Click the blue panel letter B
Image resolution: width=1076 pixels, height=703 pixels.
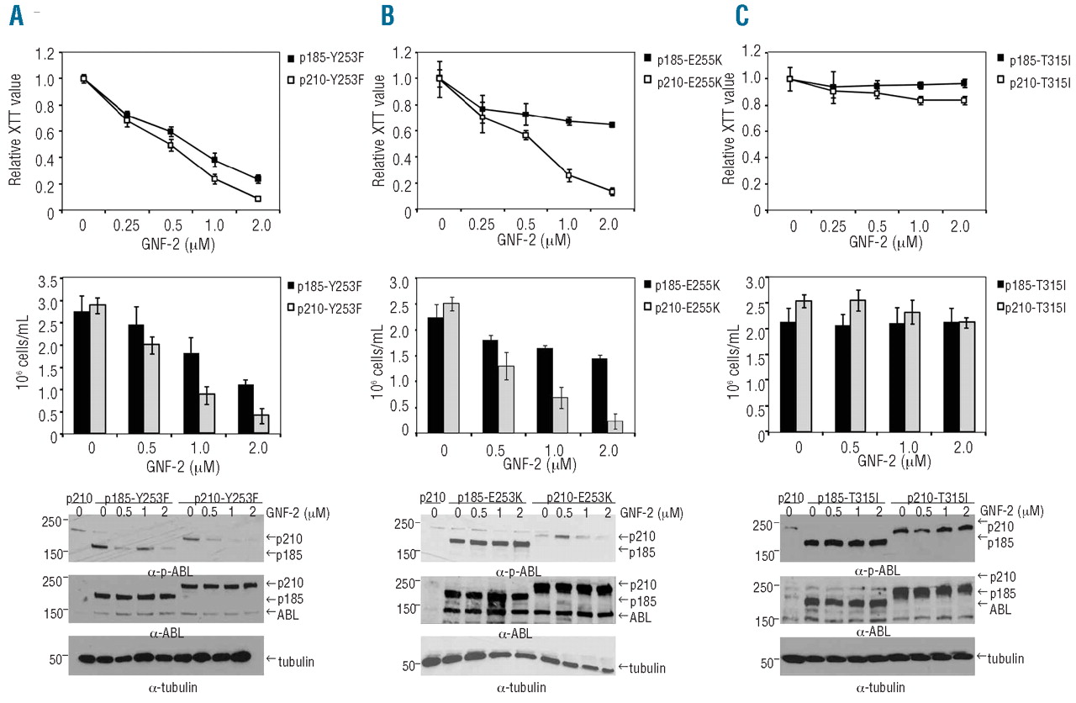point(388,17)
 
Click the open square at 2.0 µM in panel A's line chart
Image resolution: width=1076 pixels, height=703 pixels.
point(258,199)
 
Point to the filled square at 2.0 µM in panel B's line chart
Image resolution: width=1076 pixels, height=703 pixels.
point(611,124)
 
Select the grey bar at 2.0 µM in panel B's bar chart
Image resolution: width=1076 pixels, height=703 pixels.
point(615,425)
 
